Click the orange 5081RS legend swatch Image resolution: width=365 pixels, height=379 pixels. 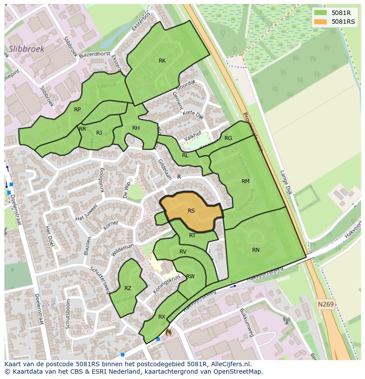click(x=320, y=22)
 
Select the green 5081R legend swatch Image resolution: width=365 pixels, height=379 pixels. click(x=320, y=13)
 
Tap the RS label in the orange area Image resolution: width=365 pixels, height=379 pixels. click(x=191, y=211)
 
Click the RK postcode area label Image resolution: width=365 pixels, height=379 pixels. click(x=162, y=61)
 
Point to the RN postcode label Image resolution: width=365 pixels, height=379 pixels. click(x=256, y=250)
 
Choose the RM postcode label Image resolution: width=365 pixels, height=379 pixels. click(x=246, y=181)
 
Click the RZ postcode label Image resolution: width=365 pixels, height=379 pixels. click(x=128, y=288)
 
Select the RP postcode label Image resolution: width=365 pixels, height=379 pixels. click(x=78, y=110)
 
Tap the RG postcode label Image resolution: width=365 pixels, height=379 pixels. click(x=228, y=138)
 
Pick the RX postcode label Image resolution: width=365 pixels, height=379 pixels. click(x=162, y=317)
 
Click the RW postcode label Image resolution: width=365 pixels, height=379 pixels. click(x=190, y=276)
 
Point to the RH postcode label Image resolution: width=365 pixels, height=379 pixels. click(x=136, y=128)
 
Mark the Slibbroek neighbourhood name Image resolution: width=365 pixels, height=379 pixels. click(x=26, y=49)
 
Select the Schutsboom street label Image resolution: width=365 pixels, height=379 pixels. click(x=68, y=314)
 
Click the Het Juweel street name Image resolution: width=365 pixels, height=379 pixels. click(x=86, y=213)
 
